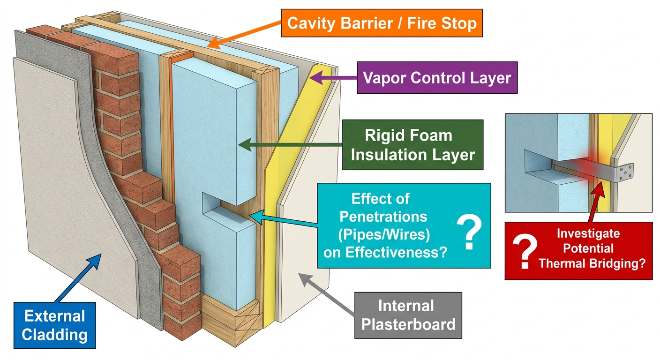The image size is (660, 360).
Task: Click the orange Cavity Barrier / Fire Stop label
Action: [x=382, y=23]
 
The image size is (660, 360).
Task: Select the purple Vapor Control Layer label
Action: [x=437, y=78]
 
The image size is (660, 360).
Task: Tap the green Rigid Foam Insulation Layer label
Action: [x=413, y=145]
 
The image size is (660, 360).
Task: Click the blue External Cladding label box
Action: [x=55, y=325]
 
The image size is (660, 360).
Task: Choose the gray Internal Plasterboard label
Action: [x=408, y=315]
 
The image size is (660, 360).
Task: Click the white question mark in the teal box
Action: [x=469, y=232]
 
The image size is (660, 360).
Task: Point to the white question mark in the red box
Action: [x=525, y=251]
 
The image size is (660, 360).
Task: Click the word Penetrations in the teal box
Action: [x=383, y=217]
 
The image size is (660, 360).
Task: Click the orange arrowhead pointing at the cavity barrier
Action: [x=213, y=43]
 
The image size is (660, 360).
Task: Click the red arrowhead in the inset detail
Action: [x=599, y=189]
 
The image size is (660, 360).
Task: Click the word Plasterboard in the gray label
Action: [x=408, y=325]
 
